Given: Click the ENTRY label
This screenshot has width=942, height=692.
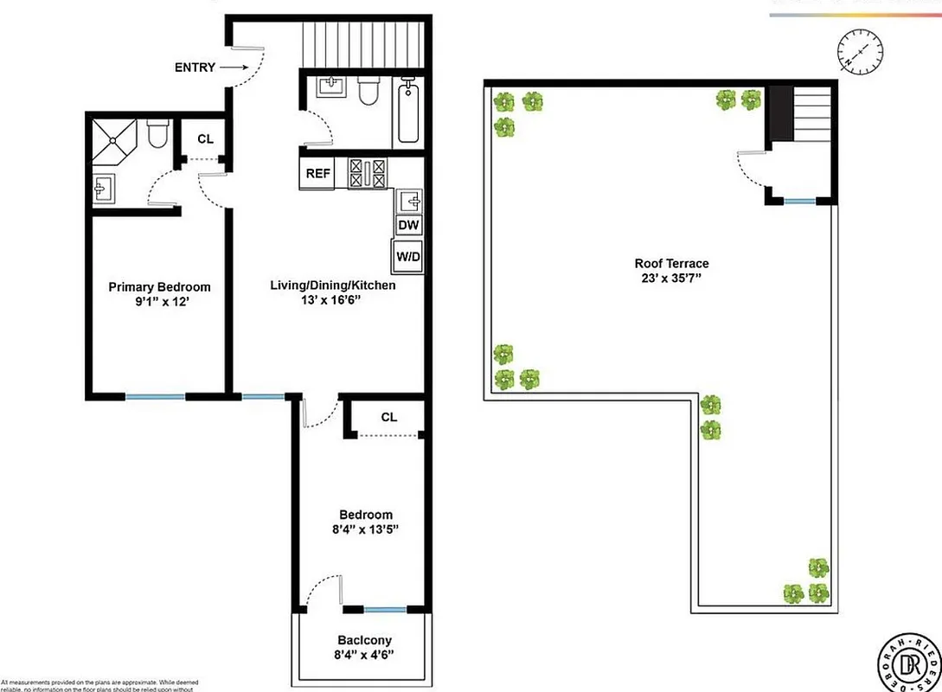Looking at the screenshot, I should point(195,67).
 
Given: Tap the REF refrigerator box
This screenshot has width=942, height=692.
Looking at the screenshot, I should point(316,173).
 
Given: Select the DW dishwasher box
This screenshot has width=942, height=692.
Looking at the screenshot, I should point(408,226).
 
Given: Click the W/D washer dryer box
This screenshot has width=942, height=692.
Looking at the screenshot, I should point(407,256).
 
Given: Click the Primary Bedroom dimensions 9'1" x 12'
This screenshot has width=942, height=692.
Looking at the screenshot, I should point(158,302).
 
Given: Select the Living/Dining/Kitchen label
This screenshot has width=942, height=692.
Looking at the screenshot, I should point(333,285).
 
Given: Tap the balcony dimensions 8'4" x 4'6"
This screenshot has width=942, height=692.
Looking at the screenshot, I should point(364,655).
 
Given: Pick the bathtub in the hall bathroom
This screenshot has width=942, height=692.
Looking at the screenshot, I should point(408,110).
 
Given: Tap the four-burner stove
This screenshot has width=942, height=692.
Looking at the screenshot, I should point(367,172).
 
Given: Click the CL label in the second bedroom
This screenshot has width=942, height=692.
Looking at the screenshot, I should point(388,417).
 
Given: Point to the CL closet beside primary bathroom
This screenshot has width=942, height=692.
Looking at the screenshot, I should point(205,138).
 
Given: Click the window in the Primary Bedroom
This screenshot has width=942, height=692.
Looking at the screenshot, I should point(155,397).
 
